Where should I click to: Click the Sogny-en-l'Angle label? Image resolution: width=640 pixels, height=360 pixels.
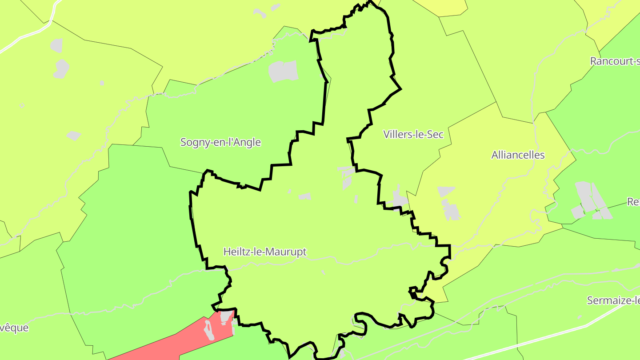[x=220, y=142]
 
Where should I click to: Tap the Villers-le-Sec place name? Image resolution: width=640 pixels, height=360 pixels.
[x=413, y=134]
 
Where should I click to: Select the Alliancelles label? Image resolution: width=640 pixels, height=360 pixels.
[x=518, y=155]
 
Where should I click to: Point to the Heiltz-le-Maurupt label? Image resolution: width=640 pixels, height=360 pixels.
[x=265, y=252]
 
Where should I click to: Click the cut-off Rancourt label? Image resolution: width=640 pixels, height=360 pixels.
[x=615, y=61]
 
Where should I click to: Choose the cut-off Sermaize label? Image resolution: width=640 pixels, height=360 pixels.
[x=613, y=300]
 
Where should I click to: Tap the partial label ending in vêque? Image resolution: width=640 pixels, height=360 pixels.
[x=14, y=328]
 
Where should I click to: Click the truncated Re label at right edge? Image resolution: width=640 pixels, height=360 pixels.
[x=633, y=202]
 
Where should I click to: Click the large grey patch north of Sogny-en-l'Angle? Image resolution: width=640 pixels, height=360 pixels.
[x=283, y=71]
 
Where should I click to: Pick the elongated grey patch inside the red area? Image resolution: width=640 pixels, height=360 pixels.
[x=208, y=330]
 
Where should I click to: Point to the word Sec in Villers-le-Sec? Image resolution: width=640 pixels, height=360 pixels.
[x=435, y=134]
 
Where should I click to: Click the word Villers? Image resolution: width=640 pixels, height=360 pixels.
[x=398, y=134]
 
